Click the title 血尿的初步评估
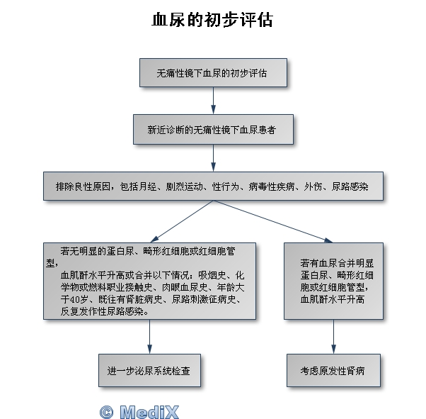click(212, 20)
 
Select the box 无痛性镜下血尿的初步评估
click(213, 73)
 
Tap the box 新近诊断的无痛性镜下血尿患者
click(213, 129)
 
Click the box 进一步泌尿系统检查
click(149, 370)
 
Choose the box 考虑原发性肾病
click(333, 370)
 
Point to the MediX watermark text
click(149, 412)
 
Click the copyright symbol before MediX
click(106, 412)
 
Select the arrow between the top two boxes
click(213, 101)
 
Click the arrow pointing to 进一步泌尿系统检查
click(149, 337)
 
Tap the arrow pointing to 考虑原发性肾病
click(333, 337)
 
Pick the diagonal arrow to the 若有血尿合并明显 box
click(272, 221)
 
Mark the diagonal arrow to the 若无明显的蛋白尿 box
click(181, 221)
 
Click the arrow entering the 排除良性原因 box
click(213, 158)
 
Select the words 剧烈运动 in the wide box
click(184, 186)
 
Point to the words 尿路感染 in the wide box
click(350, 186)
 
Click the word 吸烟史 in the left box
click(212, 276)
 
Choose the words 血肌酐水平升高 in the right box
click(333, 299)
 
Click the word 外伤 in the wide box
click(313, 186)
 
